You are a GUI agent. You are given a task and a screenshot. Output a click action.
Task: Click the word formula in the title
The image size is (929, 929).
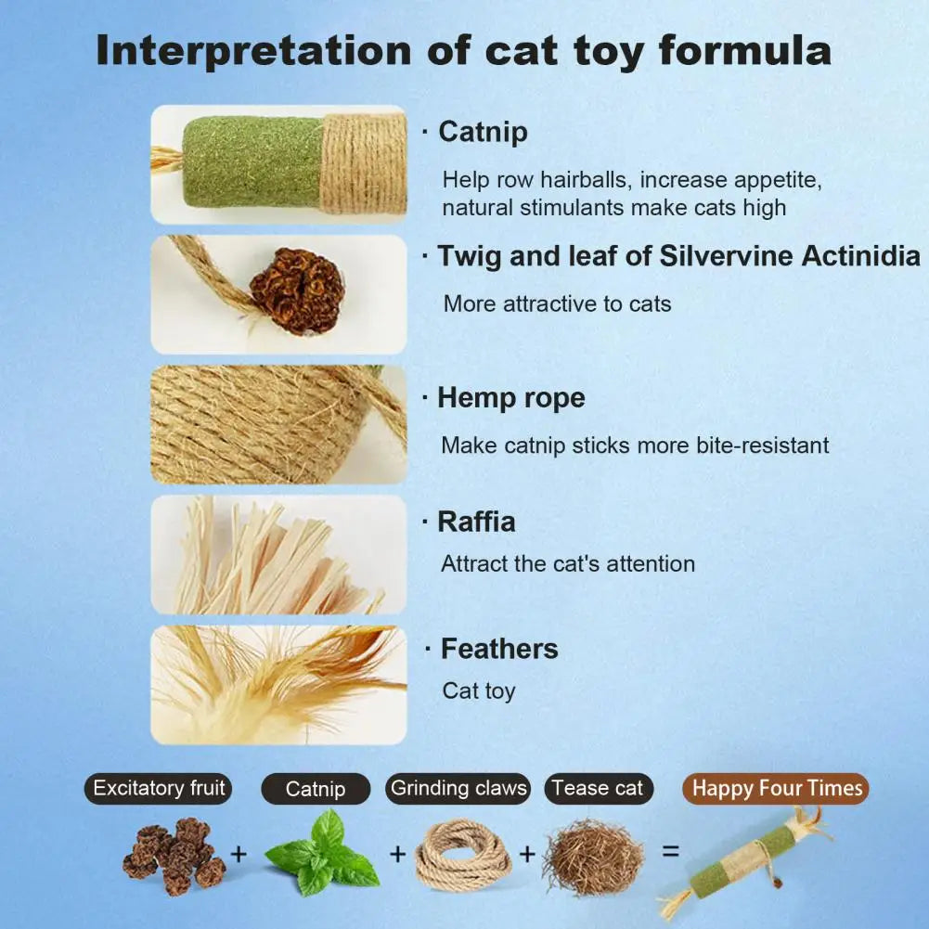click(744, 50)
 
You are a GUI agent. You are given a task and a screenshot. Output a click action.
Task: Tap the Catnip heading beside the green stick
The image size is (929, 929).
click(483, 132)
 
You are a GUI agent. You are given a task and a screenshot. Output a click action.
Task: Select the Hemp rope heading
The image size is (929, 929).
click(511, 397)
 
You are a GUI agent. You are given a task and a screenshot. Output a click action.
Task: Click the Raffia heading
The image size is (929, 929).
click(476, 522)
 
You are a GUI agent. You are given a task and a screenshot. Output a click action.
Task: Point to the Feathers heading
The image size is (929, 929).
click(499, 649)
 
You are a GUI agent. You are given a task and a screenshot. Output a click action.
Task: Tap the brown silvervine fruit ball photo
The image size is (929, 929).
click(296, 290)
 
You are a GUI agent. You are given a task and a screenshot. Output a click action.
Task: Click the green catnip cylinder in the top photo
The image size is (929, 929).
click(253, 162)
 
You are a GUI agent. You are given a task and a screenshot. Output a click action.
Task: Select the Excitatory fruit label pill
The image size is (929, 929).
click(158, 789)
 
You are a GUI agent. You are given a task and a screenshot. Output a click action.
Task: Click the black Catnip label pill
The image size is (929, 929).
click(316, 789)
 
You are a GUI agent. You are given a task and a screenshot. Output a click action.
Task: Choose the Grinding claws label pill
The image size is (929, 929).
click(458, 789)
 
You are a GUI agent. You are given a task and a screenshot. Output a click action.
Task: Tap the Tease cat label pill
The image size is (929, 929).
click(599, 789)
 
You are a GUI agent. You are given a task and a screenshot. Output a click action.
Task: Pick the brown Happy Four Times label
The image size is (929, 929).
click(776, 789)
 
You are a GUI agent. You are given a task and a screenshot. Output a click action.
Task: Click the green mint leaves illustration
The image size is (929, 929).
click(324, 853)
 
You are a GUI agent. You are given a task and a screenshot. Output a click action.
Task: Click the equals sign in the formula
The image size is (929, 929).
click(671, 851)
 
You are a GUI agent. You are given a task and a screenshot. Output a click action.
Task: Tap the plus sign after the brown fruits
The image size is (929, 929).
click(239, 854)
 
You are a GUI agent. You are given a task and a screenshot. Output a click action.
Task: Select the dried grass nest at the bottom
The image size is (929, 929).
click(593, 857)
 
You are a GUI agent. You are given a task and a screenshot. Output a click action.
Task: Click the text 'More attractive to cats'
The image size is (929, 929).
click(558, 303)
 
